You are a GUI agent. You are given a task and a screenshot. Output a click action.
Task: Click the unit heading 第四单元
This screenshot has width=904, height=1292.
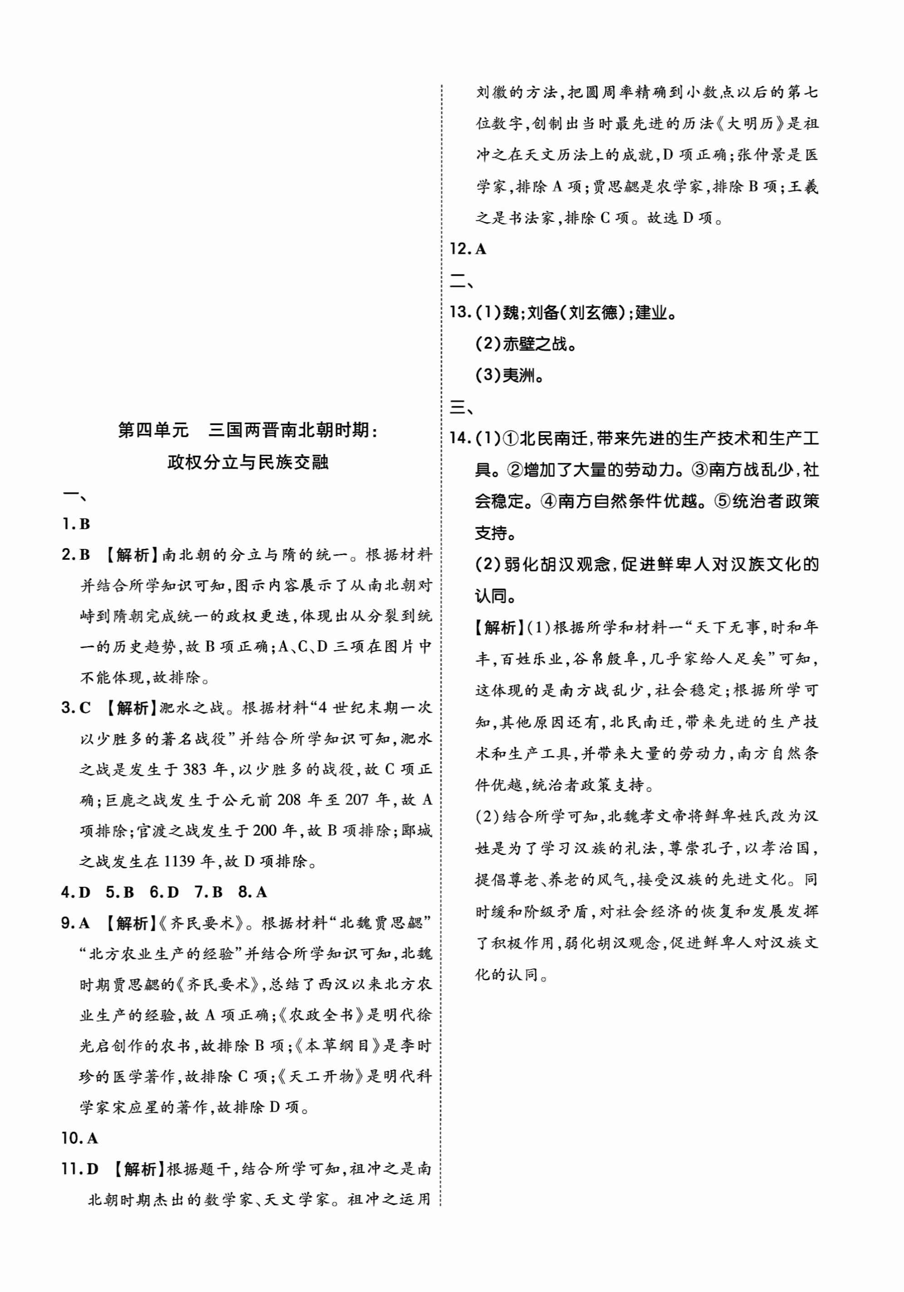coord(153,431)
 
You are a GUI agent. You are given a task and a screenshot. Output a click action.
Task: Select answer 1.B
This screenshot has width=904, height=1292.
coord(76,524)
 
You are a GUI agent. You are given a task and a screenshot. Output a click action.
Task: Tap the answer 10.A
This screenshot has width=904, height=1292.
coord(79,1138)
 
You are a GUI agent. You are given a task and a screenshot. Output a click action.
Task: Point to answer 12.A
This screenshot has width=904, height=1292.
coord(468,249)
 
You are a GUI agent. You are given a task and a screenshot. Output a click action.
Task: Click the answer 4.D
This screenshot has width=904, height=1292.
coord(76,892)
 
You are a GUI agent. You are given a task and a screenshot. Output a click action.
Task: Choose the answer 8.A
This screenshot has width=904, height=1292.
coord(253,892)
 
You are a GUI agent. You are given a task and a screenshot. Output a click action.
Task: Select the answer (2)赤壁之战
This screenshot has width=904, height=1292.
coord(526,344)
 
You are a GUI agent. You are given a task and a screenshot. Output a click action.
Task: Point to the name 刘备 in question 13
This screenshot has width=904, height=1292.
coord(543,312)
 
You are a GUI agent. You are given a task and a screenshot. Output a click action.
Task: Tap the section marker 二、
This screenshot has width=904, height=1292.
coord(461,281)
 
